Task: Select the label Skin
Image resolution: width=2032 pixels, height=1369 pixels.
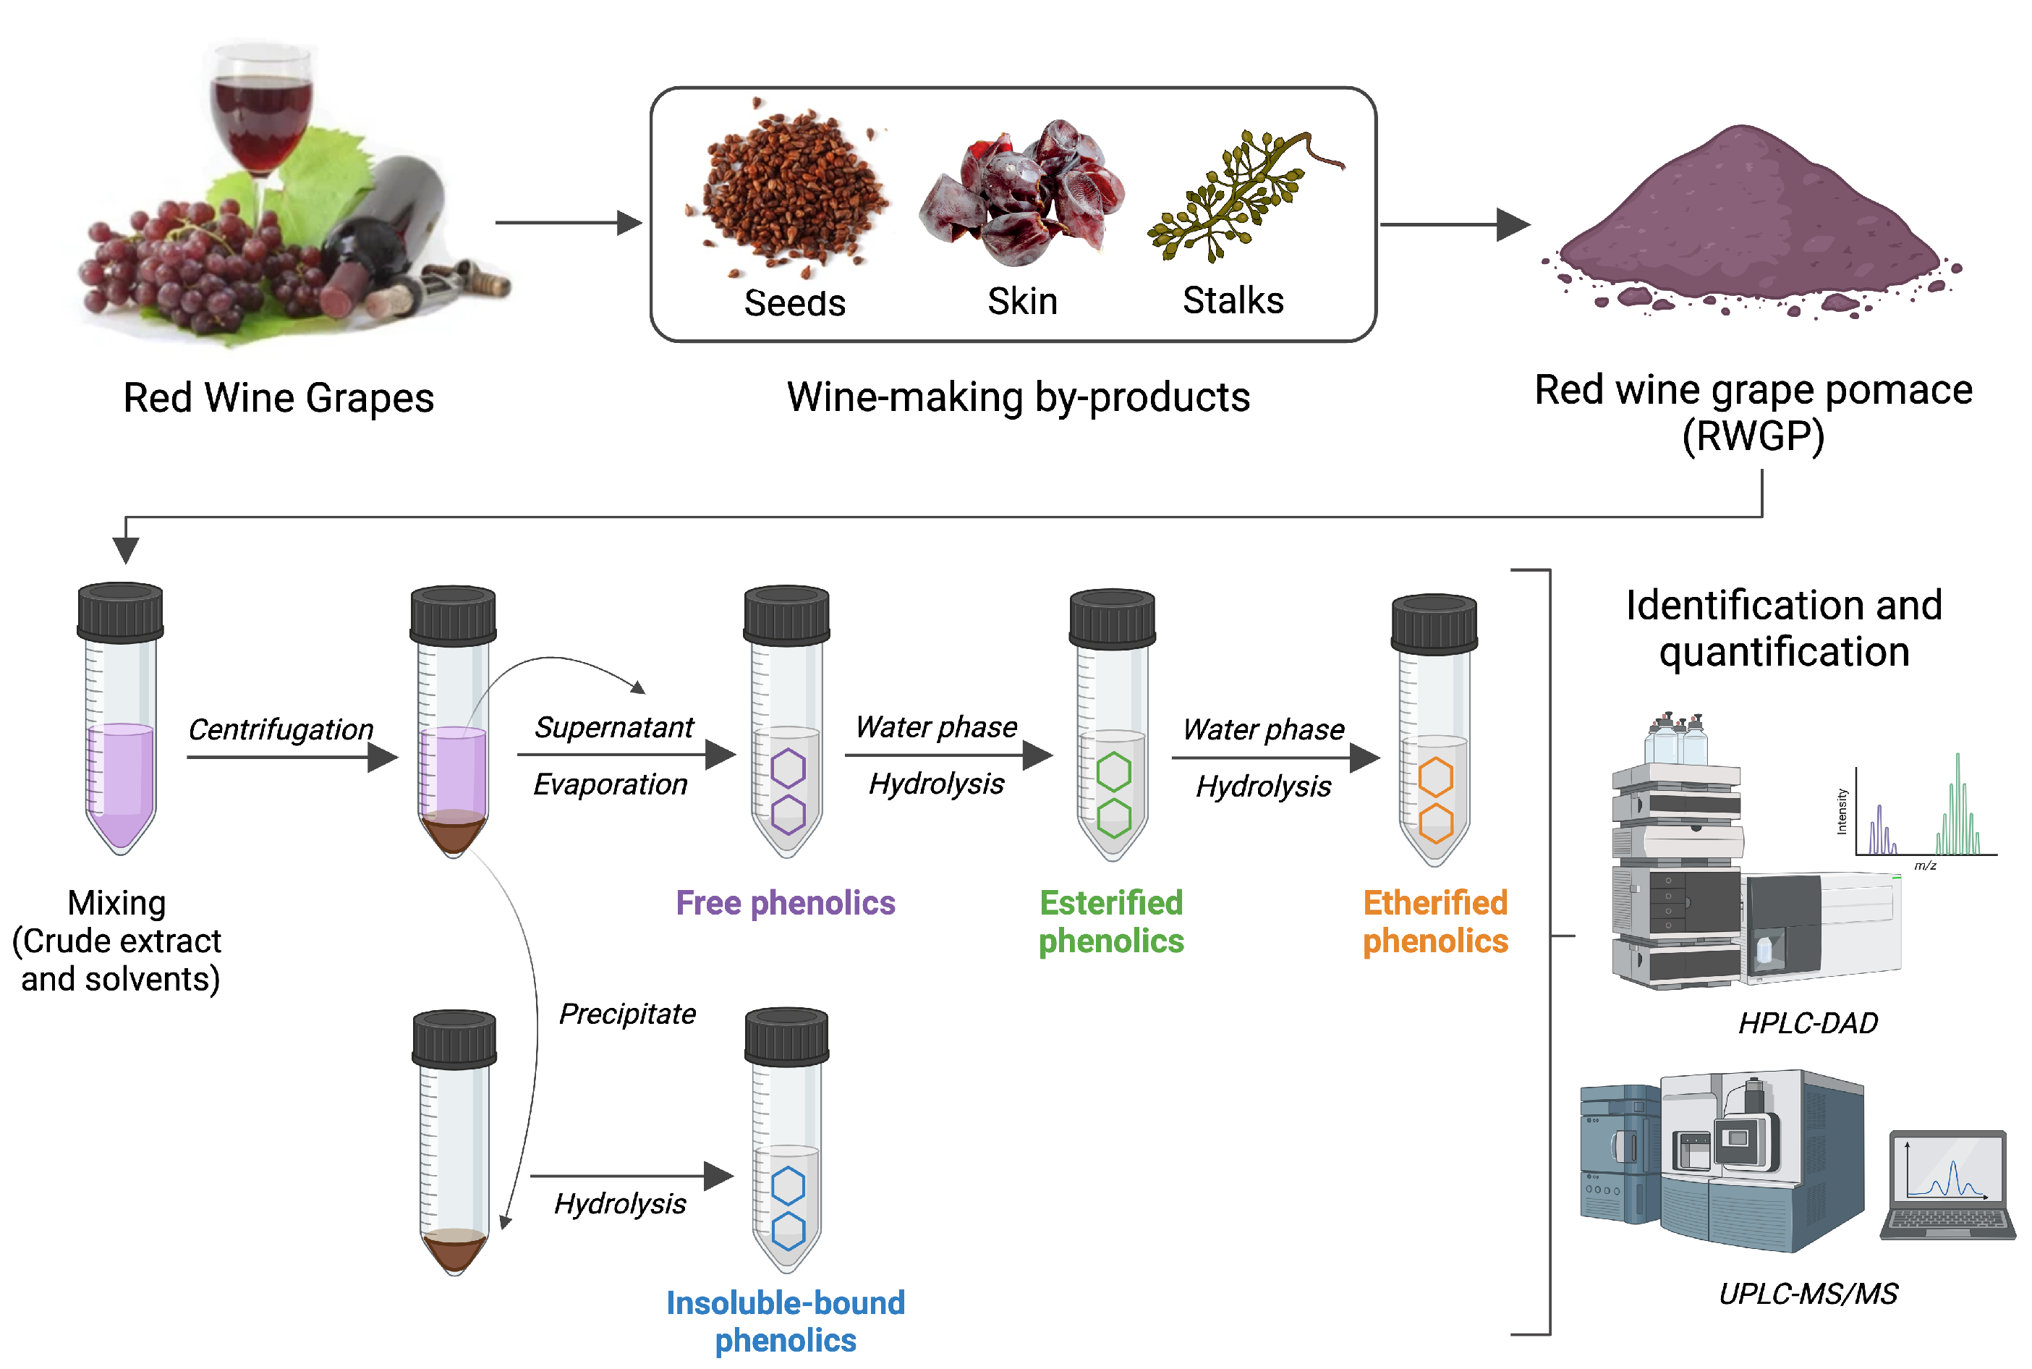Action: pos(1022,302)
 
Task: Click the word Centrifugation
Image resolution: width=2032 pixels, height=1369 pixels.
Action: pos(280,729)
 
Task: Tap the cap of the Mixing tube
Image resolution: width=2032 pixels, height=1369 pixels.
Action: pos(121,611)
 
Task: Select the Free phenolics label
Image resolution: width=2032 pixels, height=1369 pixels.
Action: pos(786,903)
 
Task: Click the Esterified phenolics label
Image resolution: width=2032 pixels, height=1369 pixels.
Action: pos(1111,922)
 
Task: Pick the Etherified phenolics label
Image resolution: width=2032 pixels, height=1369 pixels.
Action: pos(1435,922)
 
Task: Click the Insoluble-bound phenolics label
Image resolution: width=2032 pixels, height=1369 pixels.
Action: pos(786,1321)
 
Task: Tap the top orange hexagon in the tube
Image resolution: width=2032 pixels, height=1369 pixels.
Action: pos(1436,776)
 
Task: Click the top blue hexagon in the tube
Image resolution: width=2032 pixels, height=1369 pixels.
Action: pos(788,1186)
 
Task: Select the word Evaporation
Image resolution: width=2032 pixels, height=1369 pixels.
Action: pos(610,784)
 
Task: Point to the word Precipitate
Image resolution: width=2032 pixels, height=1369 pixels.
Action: pos(626,1014)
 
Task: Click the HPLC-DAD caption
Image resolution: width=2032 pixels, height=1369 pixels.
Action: pos(1808,1022)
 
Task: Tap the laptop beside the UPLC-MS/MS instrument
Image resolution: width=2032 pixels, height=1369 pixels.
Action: pos(1948,1186)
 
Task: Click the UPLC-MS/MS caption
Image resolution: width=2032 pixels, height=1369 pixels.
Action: pos(1808,1293)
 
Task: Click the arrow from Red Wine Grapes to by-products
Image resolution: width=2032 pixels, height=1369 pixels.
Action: pos(567,223)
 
